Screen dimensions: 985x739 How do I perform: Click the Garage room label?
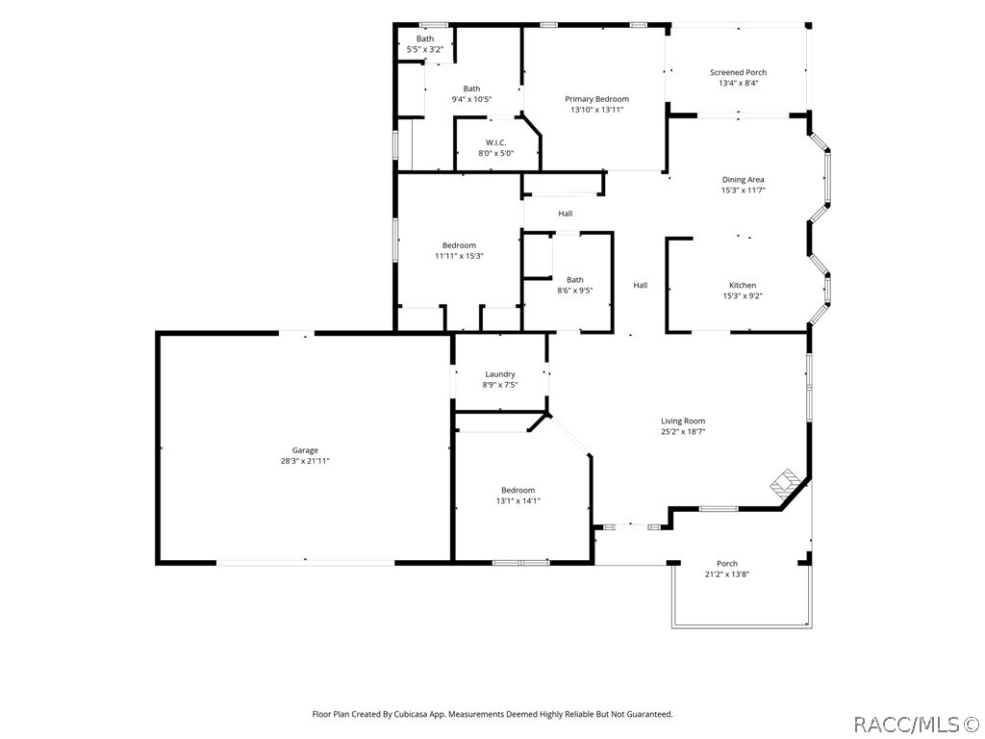pyautogui.click(x=305, y=450)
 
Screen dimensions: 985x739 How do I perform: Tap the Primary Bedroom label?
pyautogui.click(x=596, y=99)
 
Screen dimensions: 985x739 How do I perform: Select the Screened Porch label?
pyautogui.click(x=738, y=72)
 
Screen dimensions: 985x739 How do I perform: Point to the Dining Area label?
pyautogui.click(x=744, y=180)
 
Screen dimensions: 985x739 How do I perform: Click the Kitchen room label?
pyautogui.click(x=743, y=285)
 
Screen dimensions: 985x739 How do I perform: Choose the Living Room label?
pyautogui.click(x=683, y=421)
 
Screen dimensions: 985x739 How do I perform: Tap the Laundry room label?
pyautogui.click(x=500, y=374)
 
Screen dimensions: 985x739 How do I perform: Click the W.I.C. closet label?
pyautogui.click(x=495, y=142)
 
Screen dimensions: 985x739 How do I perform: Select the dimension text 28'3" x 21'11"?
pyautogui.click(x=305, y=461)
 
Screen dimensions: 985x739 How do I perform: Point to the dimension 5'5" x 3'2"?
pyautogui.click(x=424, y=49)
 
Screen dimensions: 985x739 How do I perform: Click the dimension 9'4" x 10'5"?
pyautogui.click(x=471, y=99)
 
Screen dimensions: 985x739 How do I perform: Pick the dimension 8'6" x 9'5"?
pyautogui.click(x=575, y=291)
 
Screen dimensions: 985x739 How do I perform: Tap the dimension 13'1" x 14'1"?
pyautogui.click(x=518, y=500)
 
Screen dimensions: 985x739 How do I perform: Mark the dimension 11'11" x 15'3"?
pyautogui.click(x=459, y=256)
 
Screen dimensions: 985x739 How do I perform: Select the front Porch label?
pyautogui.click(x=727, y=564)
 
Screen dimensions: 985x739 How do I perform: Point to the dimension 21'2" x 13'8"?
pyautogui.click(x=727, y=573)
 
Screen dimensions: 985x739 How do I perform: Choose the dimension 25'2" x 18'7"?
pyautogui.click(x=683, y=432)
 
